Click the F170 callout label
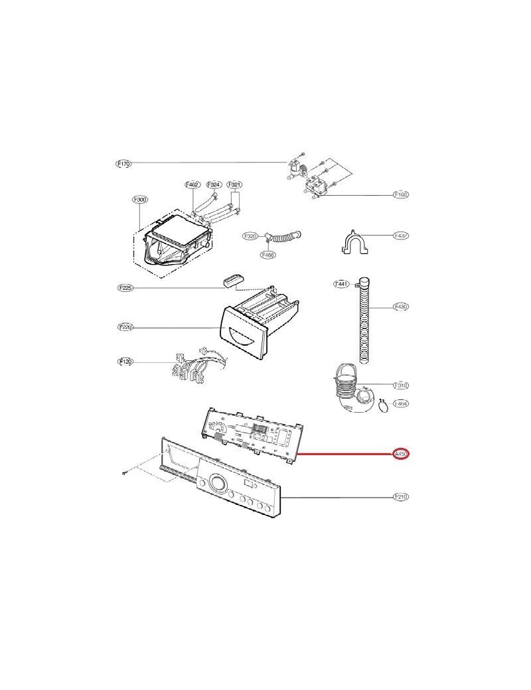click(x=123, y=163)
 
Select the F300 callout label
click(x=139, y=198)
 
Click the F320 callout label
click(x=250, y=236)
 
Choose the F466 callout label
click(x=268, y=255)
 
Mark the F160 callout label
click(x=401, y=195)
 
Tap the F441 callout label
click(x=341, y=284)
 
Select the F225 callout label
click(x=125, y=288)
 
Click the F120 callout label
click(x=125, y=362)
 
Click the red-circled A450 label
click(x=401, y=454)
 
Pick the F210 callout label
click(x=401, y=496)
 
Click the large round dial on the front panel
click(x=216, y=484)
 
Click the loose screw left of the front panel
click(x=124, y=472)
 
